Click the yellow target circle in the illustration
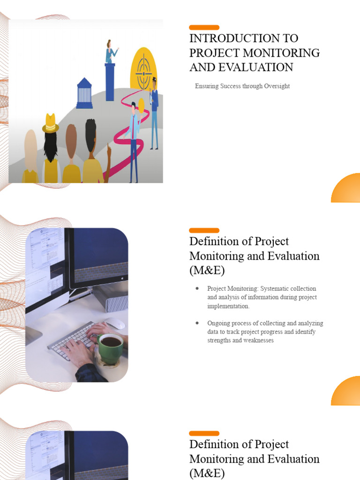pos(143,69)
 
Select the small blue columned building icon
pos(84,93)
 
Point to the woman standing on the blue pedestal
pos(110,52)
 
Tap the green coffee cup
pos(111,346)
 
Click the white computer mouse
pos(115,323)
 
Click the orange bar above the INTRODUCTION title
pos(204,28)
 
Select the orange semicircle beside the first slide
pos(347,189)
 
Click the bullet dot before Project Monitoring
pos(197,288)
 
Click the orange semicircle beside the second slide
pos(347,392)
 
